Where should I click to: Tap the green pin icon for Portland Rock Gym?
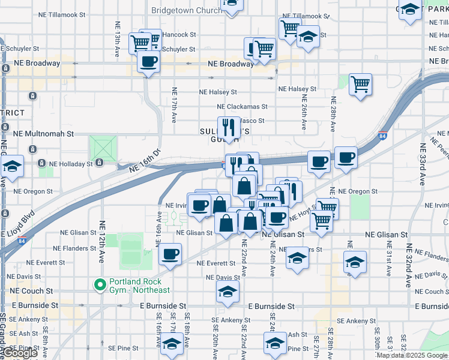coord(98,283)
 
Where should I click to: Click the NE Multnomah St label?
coord(44,134)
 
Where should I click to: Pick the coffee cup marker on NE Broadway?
coord(148,61)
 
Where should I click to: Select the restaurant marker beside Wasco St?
coord(228,127)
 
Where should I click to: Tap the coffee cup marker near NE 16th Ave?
coord(170,253)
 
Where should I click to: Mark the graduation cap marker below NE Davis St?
coord(228,291)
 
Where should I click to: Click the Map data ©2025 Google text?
coord(412,355)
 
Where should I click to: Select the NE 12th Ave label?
coord(101,246)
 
